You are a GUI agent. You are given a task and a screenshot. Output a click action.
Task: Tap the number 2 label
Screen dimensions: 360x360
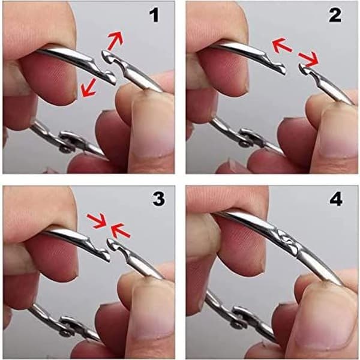(x=335, y=16)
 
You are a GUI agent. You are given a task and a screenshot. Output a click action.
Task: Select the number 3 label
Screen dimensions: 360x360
(x=158, y=199)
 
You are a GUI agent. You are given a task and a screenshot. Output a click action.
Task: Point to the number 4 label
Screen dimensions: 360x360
(x=336, y=199)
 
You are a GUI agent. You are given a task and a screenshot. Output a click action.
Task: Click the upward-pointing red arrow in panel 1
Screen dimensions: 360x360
(x=115, y=40)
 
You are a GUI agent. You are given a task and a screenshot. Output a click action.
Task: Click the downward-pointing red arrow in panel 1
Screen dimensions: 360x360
(x=88, y=88)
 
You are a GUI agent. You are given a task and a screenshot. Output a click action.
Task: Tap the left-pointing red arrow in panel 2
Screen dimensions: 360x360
(x=282, y=46)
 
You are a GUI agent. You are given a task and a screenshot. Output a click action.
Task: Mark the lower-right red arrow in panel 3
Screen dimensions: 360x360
(x=121, y=230)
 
